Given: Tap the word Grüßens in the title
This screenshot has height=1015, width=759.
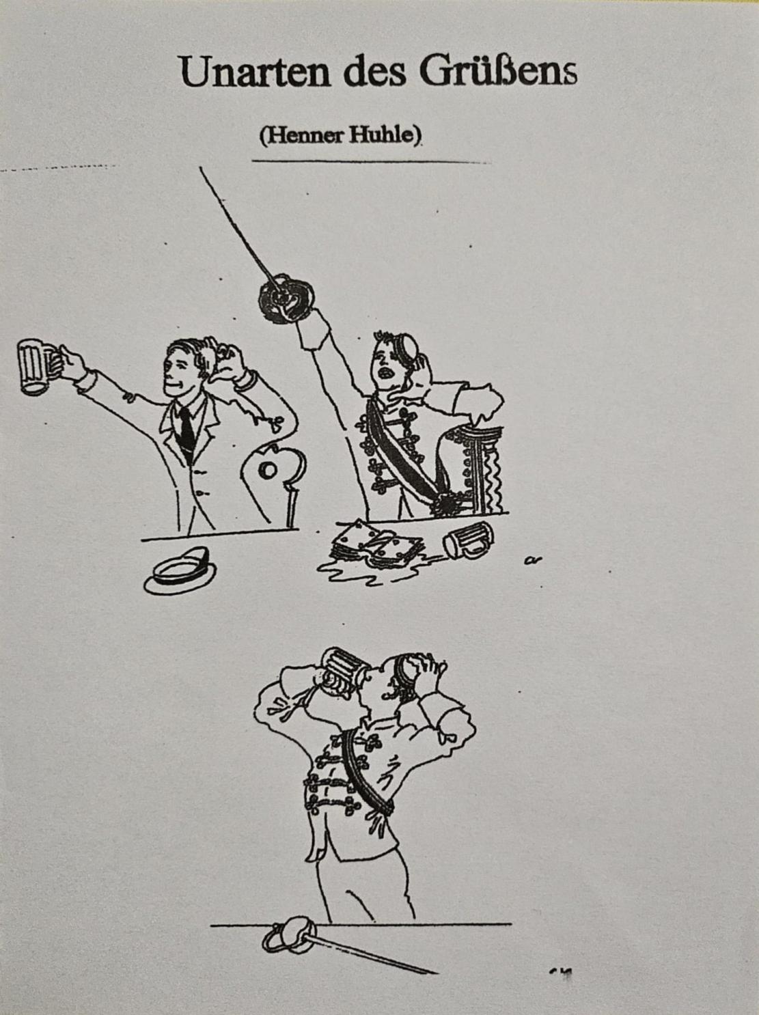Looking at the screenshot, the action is (x=498, y=72).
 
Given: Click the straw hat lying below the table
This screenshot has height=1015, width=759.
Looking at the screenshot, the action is (x=180, y=570).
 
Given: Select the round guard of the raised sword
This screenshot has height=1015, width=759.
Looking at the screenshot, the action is (x=286, y=298).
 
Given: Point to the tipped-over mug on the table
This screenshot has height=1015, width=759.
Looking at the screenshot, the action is (x=468, y=540).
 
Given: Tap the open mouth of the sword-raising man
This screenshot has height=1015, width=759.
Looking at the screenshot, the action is (x=385, y=372).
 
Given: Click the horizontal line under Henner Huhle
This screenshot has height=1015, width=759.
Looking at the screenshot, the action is (x=370, y=161).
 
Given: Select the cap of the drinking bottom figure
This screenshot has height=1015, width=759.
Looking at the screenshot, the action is (x=407, y=671).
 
